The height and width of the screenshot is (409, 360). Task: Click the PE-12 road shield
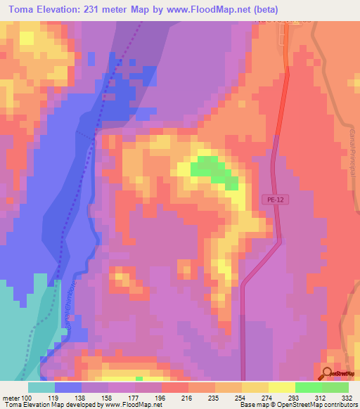pos(276,200)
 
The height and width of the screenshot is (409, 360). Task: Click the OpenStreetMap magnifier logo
pos(326,373)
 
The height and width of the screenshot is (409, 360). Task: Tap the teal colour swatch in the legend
pos(41,387)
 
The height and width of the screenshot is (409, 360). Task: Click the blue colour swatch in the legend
pos(68,387)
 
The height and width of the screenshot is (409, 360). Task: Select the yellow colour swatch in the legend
pos(282,387)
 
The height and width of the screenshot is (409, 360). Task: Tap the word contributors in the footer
pos(340,405)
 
